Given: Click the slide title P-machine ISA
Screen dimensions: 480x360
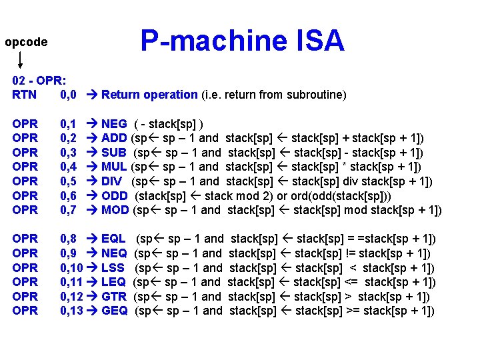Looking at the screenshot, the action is pyautogui.click(x=242, y=41).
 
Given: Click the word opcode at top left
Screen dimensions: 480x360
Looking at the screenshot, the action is pyautogui.click(x=26, y=42).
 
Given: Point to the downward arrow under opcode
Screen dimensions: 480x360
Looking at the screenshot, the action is pyautogui.click(x=21, y=61).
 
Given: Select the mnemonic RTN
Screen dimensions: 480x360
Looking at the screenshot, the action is pyautogui.click(x=25, y=95).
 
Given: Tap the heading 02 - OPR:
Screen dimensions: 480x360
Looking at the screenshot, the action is pyautogui.click(x=38, y=80).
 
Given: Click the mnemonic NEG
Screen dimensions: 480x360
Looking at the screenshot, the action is pyautogui.click(x=114, y=124).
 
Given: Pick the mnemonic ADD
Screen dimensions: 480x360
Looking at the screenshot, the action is pyautogui.click(x=114, y=139).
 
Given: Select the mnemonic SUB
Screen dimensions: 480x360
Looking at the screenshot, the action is pyautogui.click(x=114, y=153).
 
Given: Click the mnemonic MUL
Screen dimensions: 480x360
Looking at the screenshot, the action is pyautogui.click(x=114, y=167).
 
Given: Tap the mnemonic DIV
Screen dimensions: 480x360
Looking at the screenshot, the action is pyautogui.click(x=113, y=181).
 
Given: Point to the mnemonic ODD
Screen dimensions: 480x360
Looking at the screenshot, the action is pyautogui.click(x=115, y=196).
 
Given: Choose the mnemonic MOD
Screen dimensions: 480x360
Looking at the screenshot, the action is pyautogui.click(x=115, y=210).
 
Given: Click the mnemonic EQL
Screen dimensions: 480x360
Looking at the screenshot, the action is pyautogui.click(x=113, y=239).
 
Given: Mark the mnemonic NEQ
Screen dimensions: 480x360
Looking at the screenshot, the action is pyautogui.click(x=114, y=253).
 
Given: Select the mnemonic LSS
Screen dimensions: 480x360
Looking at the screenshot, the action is pyautogui.click(x=114, y=268).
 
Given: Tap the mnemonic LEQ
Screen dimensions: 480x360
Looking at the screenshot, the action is pyautogui.click(x=114, y=282).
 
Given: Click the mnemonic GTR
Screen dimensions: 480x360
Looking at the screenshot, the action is pyautogui.click(x=115, y=297).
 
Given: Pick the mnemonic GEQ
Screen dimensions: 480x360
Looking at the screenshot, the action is pyautogui.click(x=115, y=311).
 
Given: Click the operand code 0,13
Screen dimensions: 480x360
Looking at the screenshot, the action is pyautogui.click(x=71, y=311).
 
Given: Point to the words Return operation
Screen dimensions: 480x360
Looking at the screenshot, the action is pyautogui.click(x=149, y=95).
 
